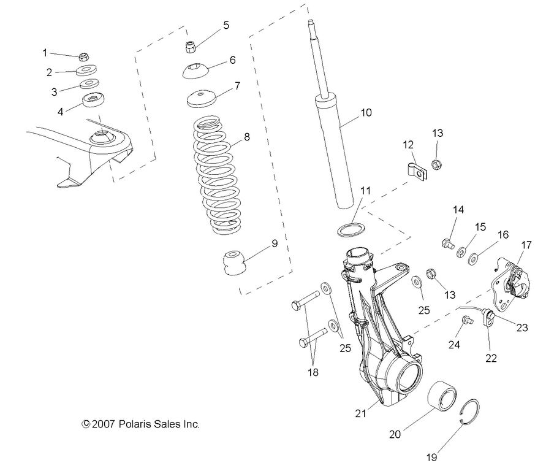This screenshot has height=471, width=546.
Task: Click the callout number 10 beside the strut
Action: click(366, 113)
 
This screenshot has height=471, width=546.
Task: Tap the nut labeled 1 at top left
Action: click(85, 56)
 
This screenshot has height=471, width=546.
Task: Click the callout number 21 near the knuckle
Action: click(361, 414)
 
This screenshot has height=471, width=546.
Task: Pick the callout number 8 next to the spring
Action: click(246, 137)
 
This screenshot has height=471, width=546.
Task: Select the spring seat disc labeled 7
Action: click(200, 99)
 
